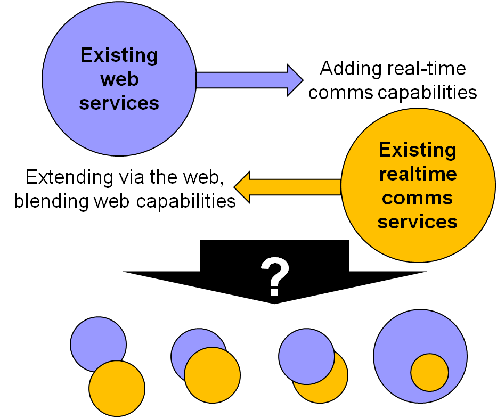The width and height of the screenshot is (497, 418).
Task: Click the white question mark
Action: (x=275, y=277)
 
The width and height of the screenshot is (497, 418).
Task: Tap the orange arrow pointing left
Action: (x=288, y=187)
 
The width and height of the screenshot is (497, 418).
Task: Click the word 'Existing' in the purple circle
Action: (x=119, y=55)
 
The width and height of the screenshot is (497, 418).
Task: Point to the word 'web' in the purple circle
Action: (x=119, y=79)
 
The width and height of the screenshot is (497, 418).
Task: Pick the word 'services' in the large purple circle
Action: (x=119, y=103)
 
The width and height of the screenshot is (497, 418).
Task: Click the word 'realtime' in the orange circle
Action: (x=418, y=174)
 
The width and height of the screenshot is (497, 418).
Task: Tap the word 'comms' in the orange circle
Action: (x=418, y=198)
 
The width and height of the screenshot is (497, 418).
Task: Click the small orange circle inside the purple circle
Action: (x=429, y=372)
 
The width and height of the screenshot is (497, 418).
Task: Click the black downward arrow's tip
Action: (x=275, y=302)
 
